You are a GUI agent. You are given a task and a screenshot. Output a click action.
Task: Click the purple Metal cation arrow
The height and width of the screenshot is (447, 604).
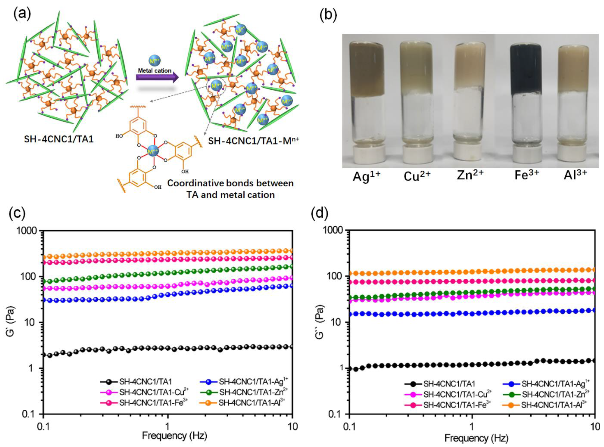tap(157, 77)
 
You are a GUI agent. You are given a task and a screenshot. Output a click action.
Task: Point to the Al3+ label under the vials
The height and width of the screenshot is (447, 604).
tap(575, 175)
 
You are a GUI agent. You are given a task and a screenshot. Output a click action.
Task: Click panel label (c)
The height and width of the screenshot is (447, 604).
tap(17, 214)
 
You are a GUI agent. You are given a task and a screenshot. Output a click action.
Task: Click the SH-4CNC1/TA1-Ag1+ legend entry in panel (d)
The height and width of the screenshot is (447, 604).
tap(555, 384)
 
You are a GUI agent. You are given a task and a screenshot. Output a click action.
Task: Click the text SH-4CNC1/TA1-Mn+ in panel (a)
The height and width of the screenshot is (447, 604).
tap(253, 141)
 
